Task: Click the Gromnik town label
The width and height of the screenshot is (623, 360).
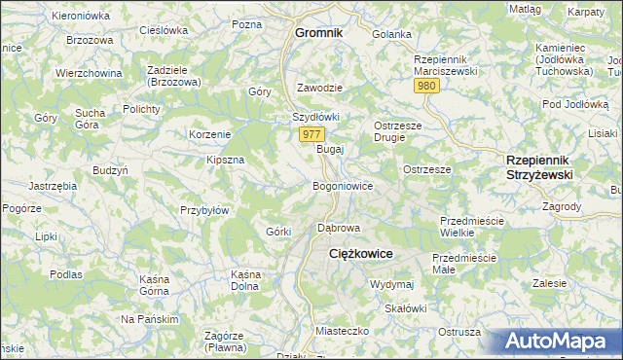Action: tap(319, 33)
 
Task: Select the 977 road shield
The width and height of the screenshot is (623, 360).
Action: tap(311, 134)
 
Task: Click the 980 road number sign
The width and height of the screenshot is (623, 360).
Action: tap(425, 87)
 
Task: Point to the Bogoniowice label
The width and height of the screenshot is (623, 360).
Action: tap(342, 185)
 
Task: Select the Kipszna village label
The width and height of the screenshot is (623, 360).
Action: tap(225, 160)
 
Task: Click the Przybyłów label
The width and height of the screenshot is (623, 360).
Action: tap(204, 210)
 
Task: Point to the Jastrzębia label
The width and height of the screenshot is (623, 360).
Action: tap(54, 185)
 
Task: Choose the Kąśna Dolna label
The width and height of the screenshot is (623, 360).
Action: tap(244, 280)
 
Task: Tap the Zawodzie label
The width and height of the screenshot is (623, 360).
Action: tap(319, 87)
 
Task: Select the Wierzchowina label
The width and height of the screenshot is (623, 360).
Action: tap(89, 73)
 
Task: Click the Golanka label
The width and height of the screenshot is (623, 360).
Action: tap(392, 34)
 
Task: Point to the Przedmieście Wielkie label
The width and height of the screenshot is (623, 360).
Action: tap(471, 227)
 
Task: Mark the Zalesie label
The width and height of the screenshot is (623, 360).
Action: tap(550, 283)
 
